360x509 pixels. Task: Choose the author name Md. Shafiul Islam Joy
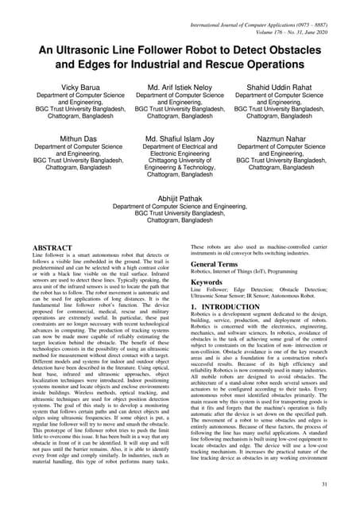click(x=180, y=138)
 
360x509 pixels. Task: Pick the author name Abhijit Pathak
click(x=180, y=199)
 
